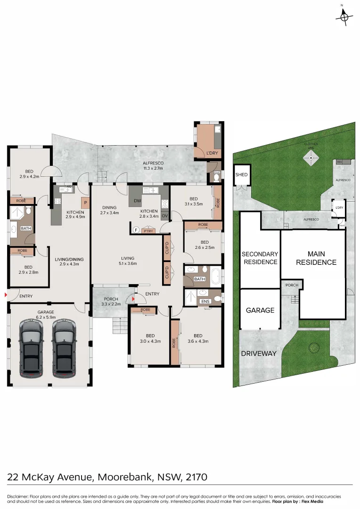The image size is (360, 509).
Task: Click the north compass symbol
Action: click(344, 17)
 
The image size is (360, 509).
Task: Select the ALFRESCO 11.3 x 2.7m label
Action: click(153, 165)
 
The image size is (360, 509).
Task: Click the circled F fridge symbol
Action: click(135, 230)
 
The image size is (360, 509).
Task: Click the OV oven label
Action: click(164, 216)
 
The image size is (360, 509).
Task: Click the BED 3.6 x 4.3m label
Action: click(198, 339)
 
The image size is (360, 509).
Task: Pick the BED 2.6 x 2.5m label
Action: click(205, 245)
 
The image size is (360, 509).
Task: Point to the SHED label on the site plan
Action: click(241, 175)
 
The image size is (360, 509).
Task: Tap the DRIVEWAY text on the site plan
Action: click(259, 353)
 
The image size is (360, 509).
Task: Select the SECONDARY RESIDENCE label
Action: click(260, 258)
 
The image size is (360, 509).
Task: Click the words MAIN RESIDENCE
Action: click(316, 258)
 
